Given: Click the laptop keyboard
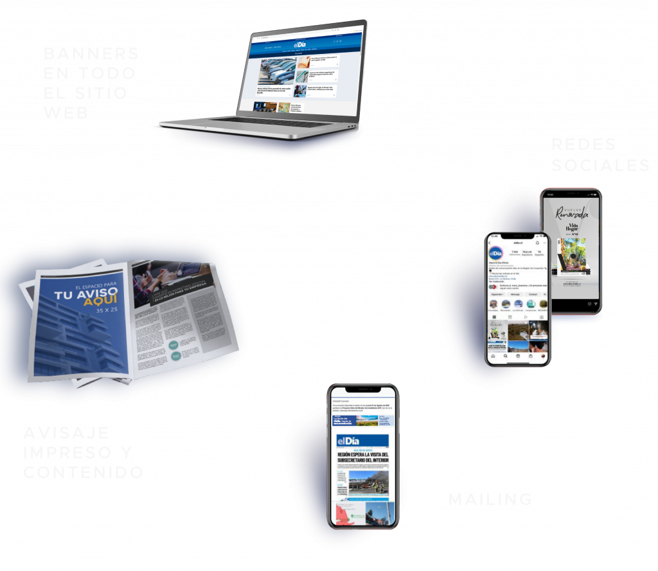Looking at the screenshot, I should (x=257, y=123).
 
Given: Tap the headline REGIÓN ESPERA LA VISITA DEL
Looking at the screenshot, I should (x=362, y=457).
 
